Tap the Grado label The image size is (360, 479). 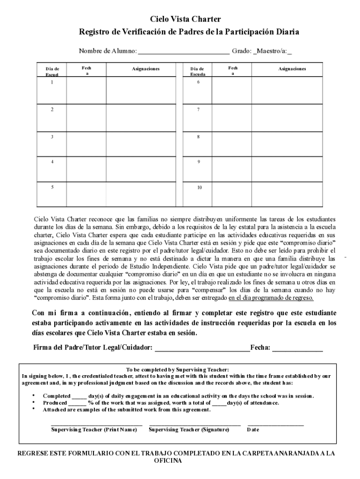(241, 51)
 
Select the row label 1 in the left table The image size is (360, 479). (52, 82)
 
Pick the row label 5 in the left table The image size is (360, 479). (52, 187)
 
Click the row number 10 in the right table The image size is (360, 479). (199, 188)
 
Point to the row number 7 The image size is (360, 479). (199, 109)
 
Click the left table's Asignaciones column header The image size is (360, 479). (145, 69)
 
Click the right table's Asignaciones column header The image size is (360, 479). (292, 69)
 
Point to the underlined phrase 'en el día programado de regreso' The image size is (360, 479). (271, 298)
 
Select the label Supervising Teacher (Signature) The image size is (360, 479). (189, 429)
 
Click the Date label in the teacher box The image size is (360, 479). (253, 429)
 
